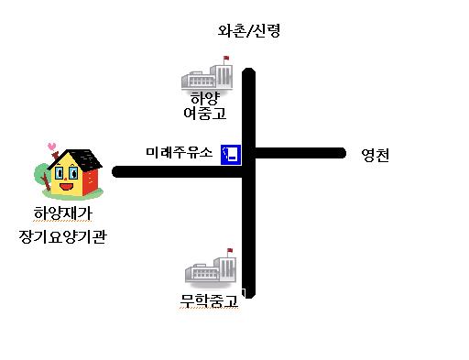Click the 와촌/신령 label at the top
[x=248, y=30]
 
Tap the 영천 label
[x=375, y=155]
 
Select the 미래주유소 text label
[x=180, y=152]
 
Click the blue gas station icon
[x=230, y=153]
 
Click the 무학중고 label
[x=210, y=300]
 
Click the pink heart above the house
[x=52, y=144]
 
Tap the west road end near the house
[x=117, y=171]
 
